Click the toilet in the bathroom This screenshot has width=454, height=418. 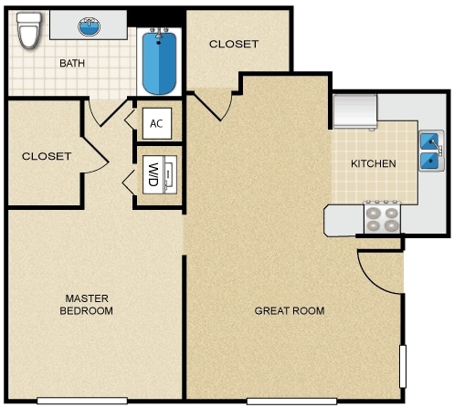pos(27,33)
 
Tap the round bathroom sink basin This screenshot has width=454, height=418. pos(89,26)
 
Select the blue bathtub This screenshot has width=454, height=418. pos(159,62)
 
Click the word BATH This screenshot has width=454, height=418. pos(72,64)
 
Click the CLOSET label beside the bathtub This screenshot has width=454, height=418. pos(234,44)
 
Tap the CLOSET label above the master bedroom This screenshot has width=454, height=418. pos(46,156)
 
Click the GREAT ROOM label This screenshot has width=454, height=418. pos(289,311)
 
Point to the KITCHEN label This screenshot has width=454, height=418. pos(374,164)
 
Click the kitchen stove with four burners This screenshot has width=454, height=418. pos(383,217)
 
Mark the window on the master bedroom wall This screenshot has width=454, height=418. pos(81,401)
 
